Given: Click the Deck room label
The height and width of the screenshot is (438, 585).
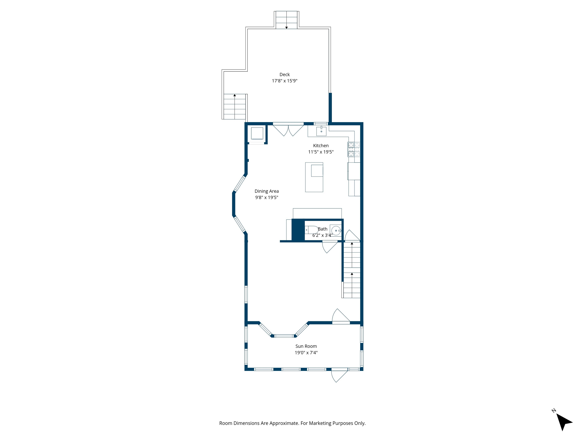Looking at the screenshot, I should [x=285, y=75].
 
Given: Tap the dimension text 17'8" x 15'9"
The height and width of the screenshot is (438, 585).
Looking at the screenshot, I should [x=285, y=81].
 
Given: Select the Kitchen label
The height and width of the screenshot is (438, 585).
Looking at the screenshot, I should [x=321, y=145].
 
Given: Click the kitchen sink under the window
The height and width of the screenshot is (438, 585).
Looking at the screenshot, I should [x=321, y=131].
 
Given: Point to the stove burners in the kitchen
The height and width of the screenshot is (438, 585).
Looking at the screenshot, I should [x=354, y=149].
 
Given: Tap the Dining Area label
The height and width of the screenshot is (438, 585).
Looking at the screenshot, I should [x=267, y=191].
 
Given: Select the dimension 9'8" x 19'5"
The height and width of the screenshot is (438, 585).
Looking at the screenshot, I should [x=267, y=198].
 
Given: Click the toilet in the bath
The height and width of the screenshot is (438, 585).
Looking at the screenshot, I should [x=312, y=230].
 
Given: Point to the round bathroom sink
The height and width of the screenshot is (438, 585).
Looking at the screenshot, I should [x=336, y=230].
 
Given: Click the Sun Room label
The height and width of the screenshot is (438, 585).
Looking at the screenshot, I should [x=306, y=346].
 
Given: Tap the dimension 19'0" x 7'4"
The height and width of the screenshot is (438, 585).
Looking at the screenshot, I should [x=306, y=352].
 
